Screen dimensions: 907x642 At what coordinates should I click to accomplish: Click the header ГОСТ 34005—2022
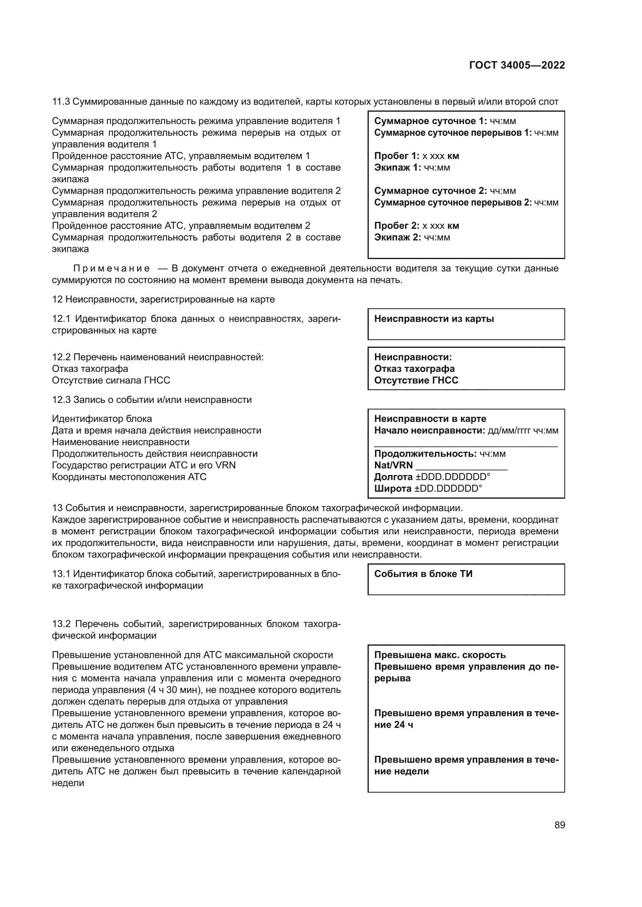pyautogui.click(x=517, y=65)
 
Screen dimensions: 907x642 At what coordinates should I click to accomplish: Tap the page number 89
pyautogui.click(x=559, y=825)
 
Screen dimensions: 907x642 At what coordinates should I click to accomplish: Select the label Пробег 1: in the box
pyautogui.click(x=397, y=155)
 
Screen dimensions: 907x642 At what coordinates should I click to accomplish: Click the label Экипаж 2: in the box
pyautogui.click(x=397, y=237)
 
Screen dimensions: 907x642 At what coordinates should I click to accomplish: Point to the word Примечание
pyautogui.click(x=111, y=269)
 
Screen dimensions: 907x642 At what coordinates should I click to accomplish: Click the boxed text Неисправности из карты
pyautogui.click(x=434, y=319)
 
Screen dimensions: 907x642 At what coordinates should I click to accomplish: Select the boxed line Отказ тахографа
pyautogui.click(x=414, y=368)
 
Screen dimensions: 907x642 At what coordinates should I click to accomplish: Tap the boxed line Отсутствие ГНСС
pyautogui.click(x=416, y=380)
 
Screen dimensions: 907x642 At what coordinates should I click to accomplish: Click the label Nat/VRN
pyautogui.click(x=393, y=465)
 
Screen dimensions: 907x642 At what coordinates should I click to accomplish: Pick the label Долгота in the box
pyautogui.click(x=393, y=477)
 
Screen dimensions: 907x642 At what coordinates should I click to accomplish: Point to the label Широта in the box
pyautogui.click(x=392, y=489)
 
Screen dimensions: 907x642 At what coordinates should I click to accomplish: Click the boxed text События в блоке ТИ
pyautogui.click(x=423, y=574)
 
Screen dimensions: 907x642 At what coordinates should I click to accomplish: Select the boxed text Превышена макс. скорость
pyautogui.click(x=440, y=655)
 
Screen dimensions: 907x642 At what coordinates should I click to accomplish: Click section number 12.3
pyautogui.click(x=61, y=400)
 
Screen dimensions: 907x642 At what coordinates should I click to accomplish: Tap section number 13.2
pyautogui.click(x=61, y=624)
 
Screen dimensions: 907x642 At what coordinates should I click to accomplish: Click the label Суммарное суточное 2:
pyautogui.click(x=430, y=191)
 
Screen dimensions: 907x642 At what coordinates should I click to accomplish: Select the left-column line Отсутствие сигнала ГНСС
pyautogui.click(x=111, y=380)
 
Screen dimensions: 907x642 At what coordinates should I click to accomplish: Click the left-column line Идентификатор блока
pyautogui.click(x=102, y=419)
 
